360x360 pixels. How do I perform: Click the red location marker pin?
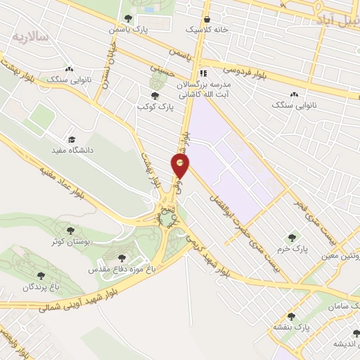click(x=180, y=166)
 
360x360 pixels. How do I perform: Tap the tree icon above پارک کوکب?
click(x=155, y=96)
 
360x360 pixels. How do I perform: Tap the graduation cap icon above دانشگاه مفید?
click(x=72, y=139)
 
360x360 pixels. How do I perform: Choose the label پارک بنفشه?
click(x=292, y=328)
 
